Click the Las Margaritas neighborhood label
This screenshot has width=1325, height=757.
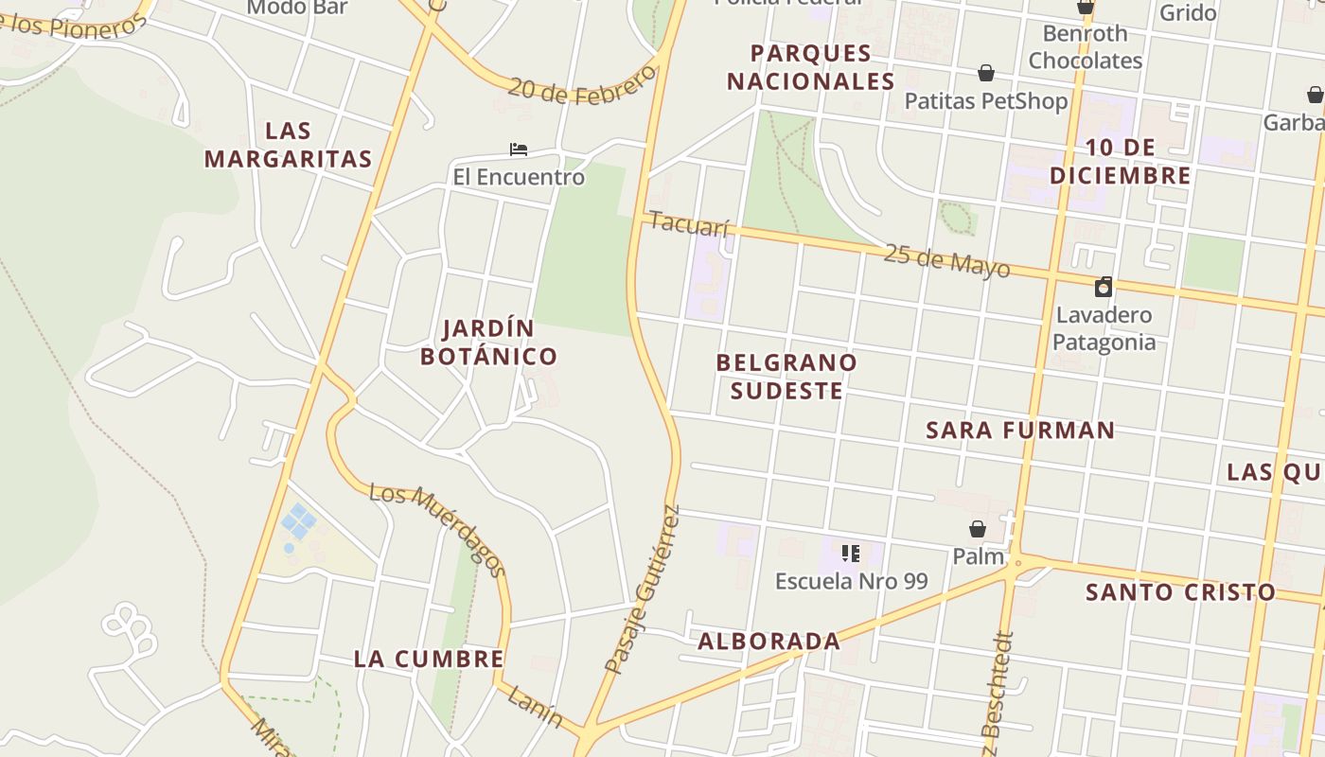coord(288,145)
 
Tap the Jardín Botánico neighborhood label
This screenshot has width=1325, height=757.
coord(488,343)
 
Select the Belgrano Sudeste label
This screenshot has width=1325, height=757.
coord(786,377)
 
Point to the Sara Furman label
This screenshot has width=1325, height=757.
coord(1020,431)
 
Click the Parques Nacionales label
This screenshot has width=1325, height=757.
coord(810,67)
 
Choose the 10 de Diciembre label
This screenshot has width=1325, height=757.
coord(1121,162)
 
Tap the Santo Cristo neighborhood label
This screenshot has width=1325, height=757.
coord(1180,593)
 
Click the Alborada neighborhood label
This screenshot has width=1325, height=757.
coord(768,642)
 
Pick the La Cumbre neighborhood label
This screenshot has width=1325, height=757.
coord(428,660)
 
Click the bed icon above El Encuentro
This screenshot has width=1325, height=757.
coord(518,150)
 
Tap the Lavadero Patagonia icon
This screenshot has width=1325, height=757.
coord(1103,287)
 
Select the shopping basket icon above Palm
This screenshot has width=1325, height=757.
coord(978,529)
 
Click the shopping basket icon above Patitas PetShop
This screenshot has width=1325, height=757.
coord(985,73)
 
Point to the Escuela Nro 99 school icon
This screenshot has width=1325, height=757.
coord(850,554)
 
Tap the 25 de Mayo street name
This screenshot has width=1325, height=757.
coord(946,260)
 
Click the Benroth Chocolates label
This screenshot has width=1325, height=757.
coord(1085,47)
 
